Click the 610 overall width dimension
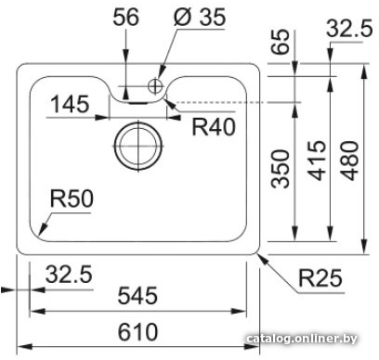tap(137, 331)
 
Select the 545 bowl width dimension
tap(137, 295)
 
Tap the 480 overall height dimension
tap(349, 161)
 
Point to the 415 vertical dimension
tap(318, 161)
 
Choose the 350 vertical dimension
tap(281, 169)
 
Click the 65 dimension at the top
tap(281, 42)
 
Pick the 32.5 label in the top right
tap(349, 29)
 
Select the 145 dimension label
tap(70, 104)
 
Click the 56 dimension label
tap(125, 17)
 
